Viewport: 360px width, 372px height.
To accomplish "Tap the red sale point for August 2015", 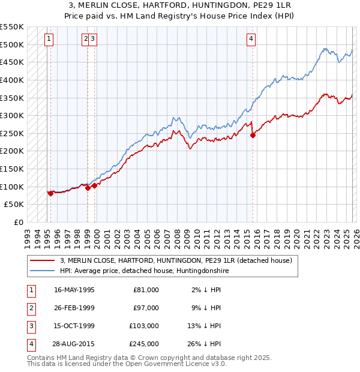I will [x=253, y=135].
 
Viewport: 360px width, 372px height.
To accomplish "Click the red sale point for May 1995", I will [x=50, y=193].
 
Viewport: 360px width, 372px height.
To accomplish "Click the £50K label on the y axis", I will [x=14, y=204].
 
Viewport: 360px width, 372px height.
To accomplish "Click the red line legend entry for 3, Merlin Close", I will [x=176, y=260].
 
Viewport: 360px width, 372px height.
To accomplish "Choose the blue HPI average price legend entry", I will [x=144, y=271].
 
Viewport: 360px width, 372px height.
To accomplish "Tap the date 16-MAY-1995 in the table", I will [x=74, y=290].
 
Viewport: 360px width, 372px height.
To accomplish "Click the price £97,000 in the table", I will [x=146, y=308].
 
